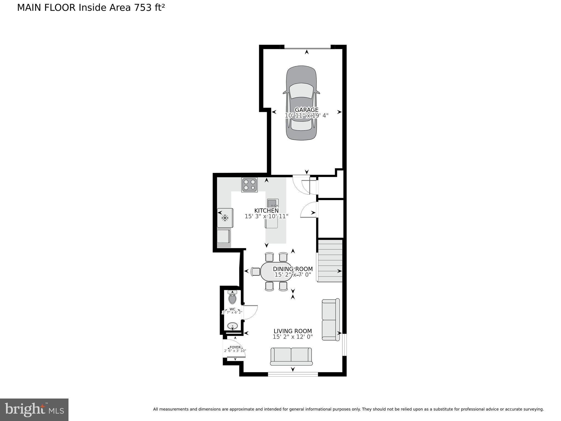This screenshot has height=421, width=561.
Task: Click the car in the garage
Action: [x=301, y=82]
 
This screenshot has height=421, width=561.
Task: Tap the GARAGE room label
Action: [x=307, y=110]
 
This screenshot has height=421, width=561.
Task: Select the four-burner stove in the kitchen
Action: [x=249, y=185]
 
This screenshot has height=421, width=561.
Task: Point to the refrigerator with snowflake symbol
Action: [x=225, y=218]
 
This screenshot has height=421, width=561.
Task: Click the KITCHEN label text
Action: [x=266, y=210]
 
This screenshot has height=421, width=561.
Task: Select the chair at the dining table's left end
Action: [x=256, y=272]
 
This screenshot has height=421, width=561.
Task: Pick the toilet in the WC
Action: [x=232, y=298]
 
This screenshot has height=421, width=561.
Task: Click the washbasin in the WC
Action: [x=233, y=326]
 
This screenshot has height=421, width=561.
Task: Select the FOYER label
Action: [x=235, y=347]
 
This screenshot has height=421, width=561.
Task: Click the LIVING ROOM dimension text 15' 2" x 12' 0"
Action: [x=293, y=337]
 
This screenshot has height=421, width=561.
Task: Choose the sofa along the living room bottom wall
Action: [x=291, y=356]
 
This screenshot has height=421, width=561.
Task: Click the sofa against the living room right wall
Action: [x=330, y=320]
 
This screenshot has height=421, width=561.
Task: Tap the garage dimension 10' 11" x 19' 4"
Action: [x=306, y=116]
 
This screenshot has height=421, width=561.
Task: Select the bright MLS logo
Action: [x=34, y=409]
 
